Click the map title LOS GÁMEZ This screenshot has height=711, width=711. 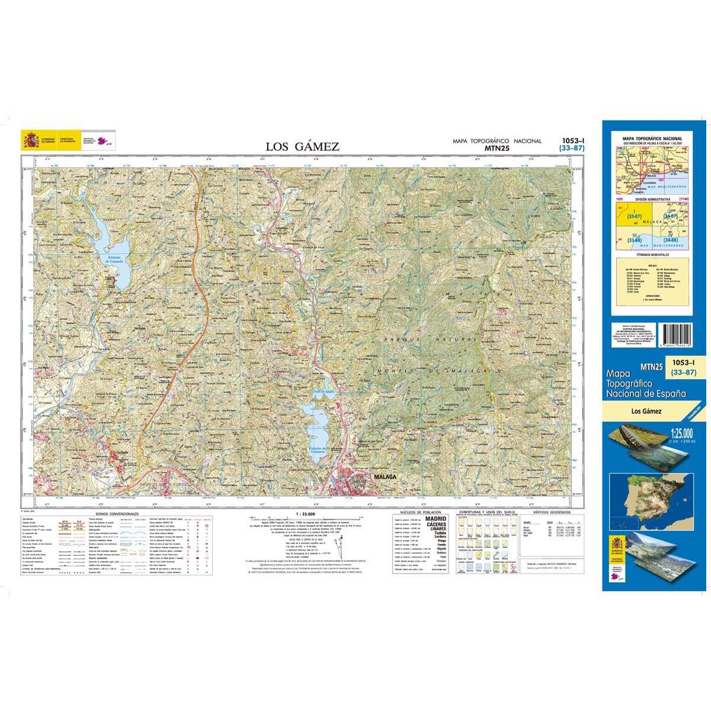click(302, 146)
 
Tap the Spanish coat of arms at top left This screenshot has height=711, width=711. click(30, 140)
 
